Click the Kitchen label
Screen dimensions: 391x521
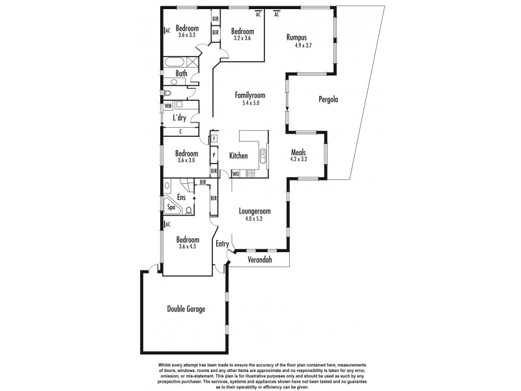click(238, 156)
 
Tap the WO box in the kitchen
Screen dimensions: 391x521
click(234, 174)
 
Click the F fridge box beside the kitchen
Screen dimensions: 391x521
click(214, 138)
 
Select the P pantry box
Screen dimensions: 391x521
click(214, 156)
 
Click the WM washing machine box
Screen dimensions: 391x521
click(168, 106)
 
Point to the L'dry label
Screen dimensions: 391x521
click(180, 119)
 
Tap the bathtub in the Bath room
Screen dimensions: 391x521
click(174, 64)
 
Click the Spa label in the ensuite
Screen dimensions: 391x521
click(171, 207)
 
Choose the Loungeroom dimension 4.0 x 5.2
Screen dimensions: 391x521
click(254, 219)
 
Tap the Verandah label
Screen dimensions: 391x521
click(260, 261)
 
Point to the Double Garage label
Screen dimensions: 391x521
click(186, 309)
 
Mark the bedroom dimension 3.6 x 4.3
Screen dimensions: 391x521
click(186, 246)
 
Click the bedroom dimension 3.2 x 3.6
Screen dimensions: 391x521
click(244, 38)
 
